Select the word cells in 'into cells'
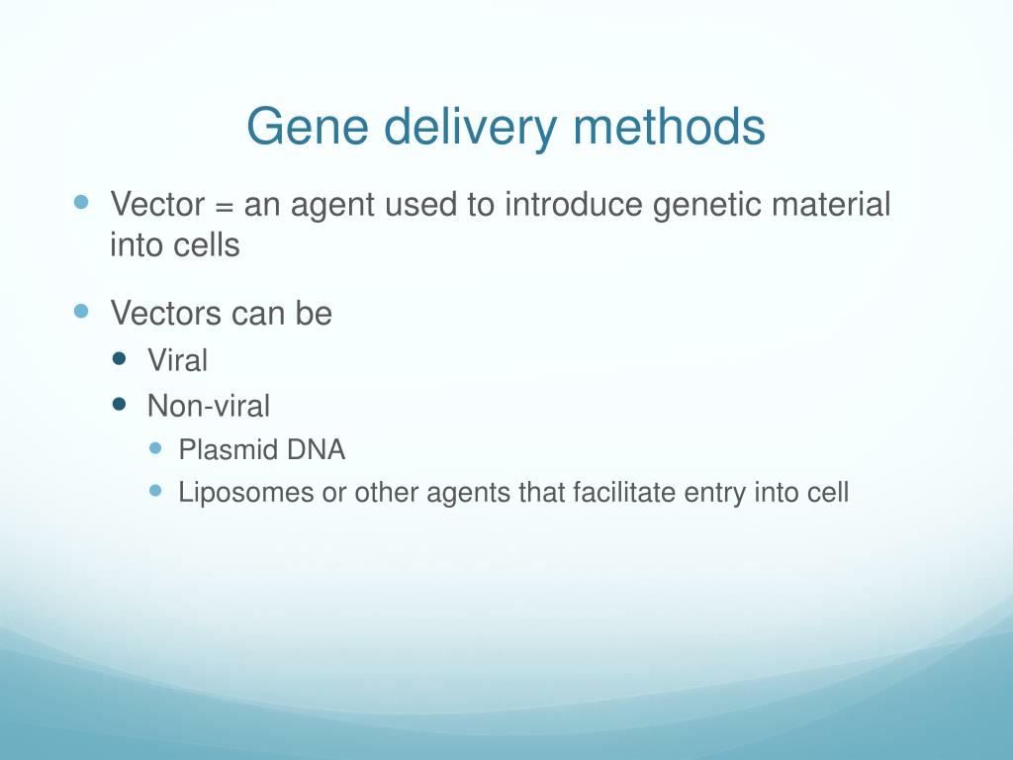tap(209, 244)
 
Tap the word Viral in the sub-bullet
tap(177, 361)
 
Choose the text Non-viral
tap(208, 406)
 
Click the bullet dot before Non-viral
tap(120, 404)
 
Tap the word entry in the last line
tap(715, 492)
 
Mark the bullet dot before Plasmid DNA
tap(154, 448)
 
